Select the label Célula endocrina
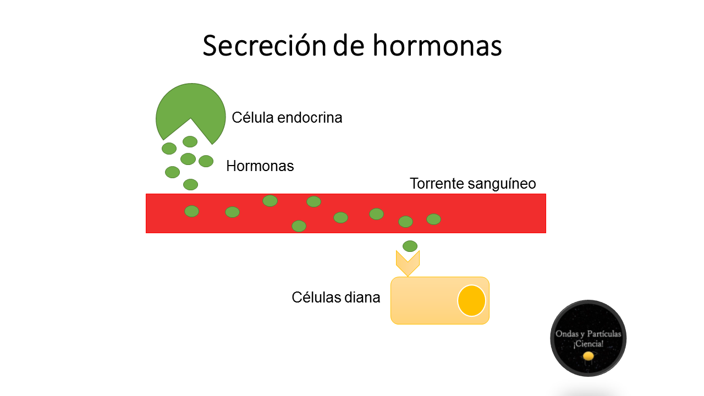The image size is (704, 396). pos(287,118)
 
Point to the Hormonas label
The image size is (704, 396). pos(260,166)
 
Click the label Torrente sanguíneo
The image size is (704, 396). pos(472,184)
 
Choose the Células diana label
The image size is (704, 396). pos(335,298)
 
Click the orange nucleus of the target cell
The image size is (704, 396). pos(471,301)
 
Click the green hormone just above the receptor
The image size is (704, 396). pos(410,246)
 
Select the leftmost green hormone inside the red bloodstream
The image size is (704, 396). pos(191,211)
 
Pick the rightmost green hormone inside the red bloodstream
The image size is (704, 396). pos(433,219)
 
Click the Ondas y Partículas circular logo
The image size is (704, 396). pos(588,338)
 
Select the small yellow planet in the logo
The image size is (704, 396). pos(588,356)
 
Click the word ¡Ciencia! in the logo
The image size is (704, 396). pos(588,344)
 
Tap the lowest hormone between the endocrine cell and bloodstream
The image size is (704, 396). pos(190,184)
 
